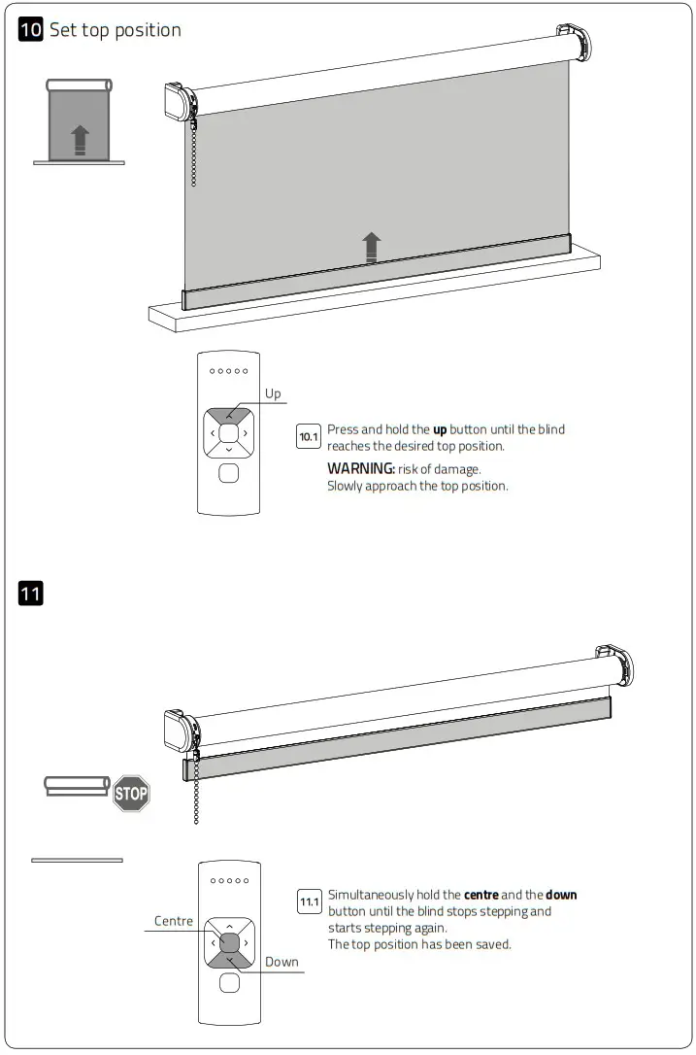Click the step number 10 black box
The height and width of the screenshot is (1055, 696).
(31, 30)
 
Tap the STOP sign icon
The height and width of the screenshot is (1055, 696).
(131, 793)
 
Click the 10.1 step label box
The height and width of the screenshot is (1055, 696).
(308, 437)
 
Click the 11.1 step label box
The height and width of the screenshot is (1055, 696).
(309, 903)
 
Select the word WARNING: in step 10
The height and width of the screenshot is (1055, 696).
(360, 469)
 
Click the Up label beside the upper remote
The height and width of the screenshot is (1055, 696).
(273, 393)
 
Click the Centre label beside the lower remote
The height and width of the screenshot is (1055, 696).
(173, 921)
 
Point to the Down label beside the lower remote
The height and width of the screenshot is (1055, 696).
(282, 962)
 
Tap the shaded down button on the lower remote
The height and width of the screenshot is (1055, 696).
(229, 961)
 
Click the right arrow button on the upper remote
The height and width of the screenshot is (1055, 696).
(247, 432)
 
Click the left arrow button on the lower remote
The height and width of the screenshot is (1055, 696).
(212, 942)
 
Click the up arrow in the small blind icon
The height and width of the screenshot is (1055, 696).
(81, 140)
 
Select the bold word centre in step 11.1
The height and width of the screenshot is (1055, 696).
(481, 895)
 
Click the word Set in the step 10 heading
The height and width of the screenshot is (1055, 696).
(64, 30)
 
